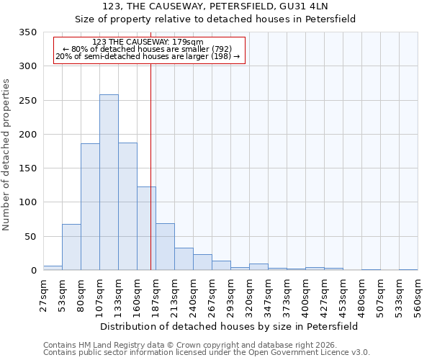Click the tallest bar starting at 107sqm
109,182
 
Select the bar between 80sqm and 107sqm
90,207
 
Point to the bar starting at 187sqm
165,247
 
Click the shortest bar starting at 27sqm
53,268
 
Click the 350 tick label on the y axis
27,32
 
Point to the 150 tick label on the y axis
27,168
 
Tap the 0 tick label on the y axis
33,271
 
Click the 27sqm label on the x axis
43,294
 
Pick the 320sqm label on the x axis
249,294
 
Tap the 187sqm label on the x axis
156,294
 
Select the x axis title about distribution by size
229,326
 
